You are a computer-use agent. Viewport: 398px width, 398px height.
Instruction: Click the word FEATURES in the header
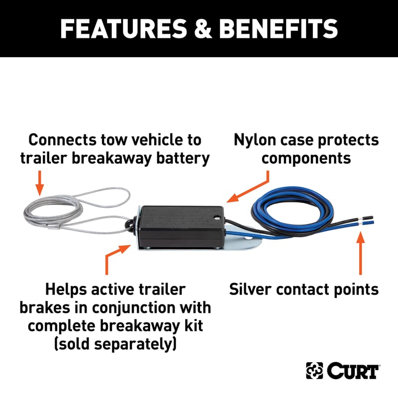pyautogui.click(x=118, y=28)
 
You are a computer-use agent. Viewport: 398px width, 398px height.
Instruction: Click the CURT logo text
pyautogui.click(x=353, y=371)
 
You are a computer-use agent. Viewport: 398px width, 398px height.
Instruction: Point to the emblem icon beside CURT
pyautogui.click(x=313, y=371)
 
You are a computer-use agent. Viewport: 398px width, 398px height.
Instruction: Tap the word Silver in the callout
pyautogui.click(x=254, y=289)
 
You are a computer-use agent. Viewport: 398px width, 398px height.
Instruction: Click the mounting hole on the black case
pyautogui.click(x=216, y=217)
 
